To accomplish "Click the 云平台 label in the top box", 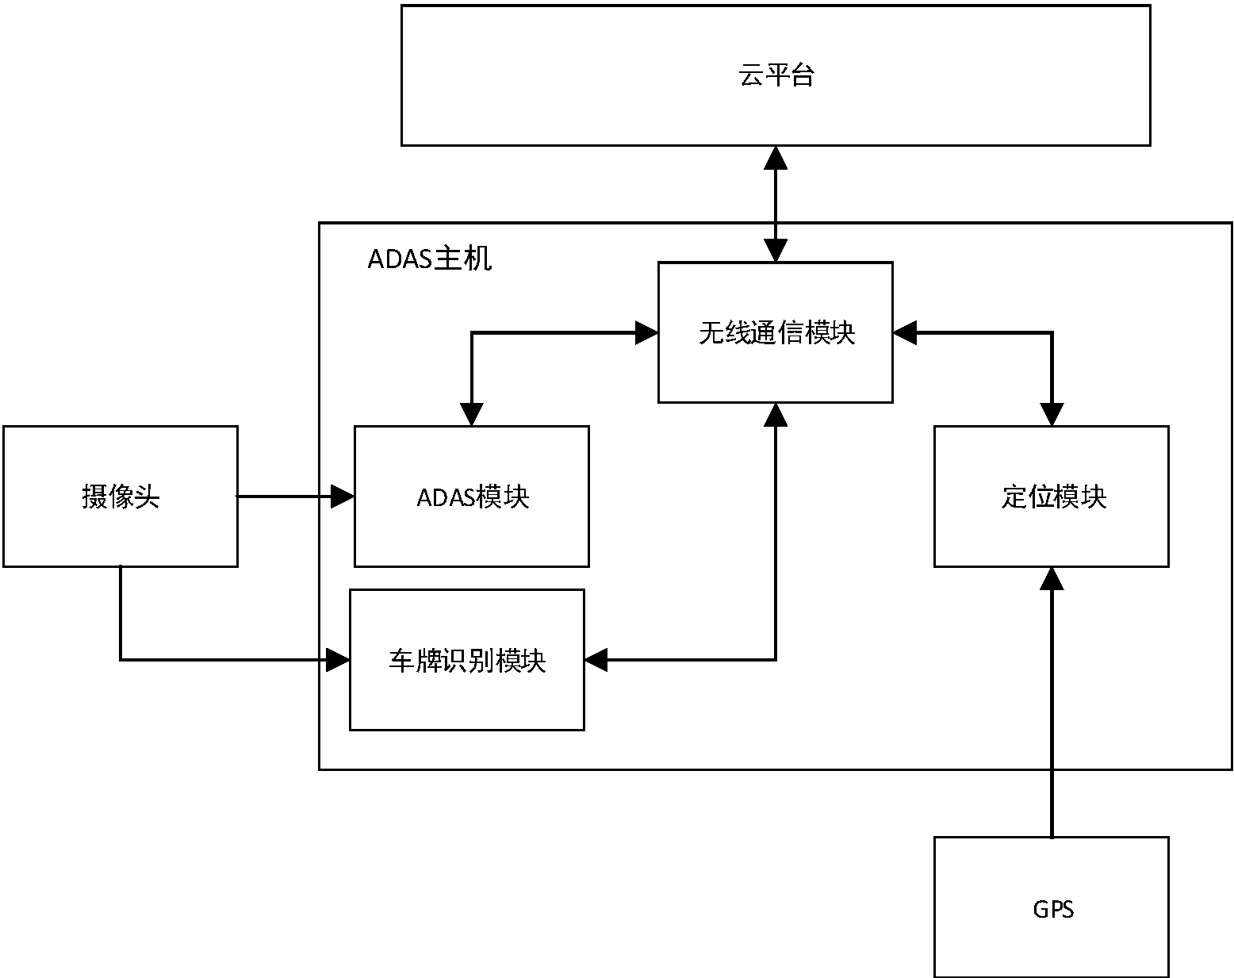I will (x=776, y=76).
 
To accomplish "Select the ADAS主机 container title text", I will (x=429, y=259).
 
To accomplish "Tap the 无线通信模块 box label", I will (x=776, y=332).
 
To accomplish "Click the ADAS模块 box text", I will (x=473, y=497).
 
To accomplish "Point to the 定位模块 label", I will (x=1052, y=497).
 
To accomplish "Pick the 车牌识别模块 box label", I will (x=467, y=661).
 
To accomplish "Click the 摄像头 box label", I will (x=121, y=497).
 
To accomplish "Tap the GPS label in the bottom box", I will (x=1052, y=909).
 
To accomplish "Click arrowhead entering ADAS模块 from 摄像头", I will (x=343, y=497).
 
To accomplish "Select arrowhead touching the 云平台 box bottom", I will (x=776, y=157).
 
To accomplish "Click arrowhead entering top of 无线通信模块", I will (x=776, y=251).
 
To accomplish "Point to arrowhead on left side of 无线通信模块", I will (x=647, y=333).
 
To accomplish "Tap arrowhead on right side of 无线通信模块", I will (x=905, y=333).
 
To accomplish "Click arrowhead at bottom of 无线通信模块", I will (x=776, y=414).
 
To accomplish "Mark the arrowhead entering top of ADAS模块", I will (x=472, y=415).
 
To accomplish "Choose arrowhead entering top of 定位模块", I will (x=1052, y=415).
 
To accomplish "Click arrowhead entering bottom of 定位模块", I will (x=1052, y=578).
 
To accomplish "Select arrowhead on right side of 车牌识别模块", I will (x=596, y=659).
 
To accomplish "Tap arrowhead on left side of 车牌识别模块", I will (x=339, y=659).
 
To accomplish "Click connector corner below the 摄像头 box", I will (x=121, y=659).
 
